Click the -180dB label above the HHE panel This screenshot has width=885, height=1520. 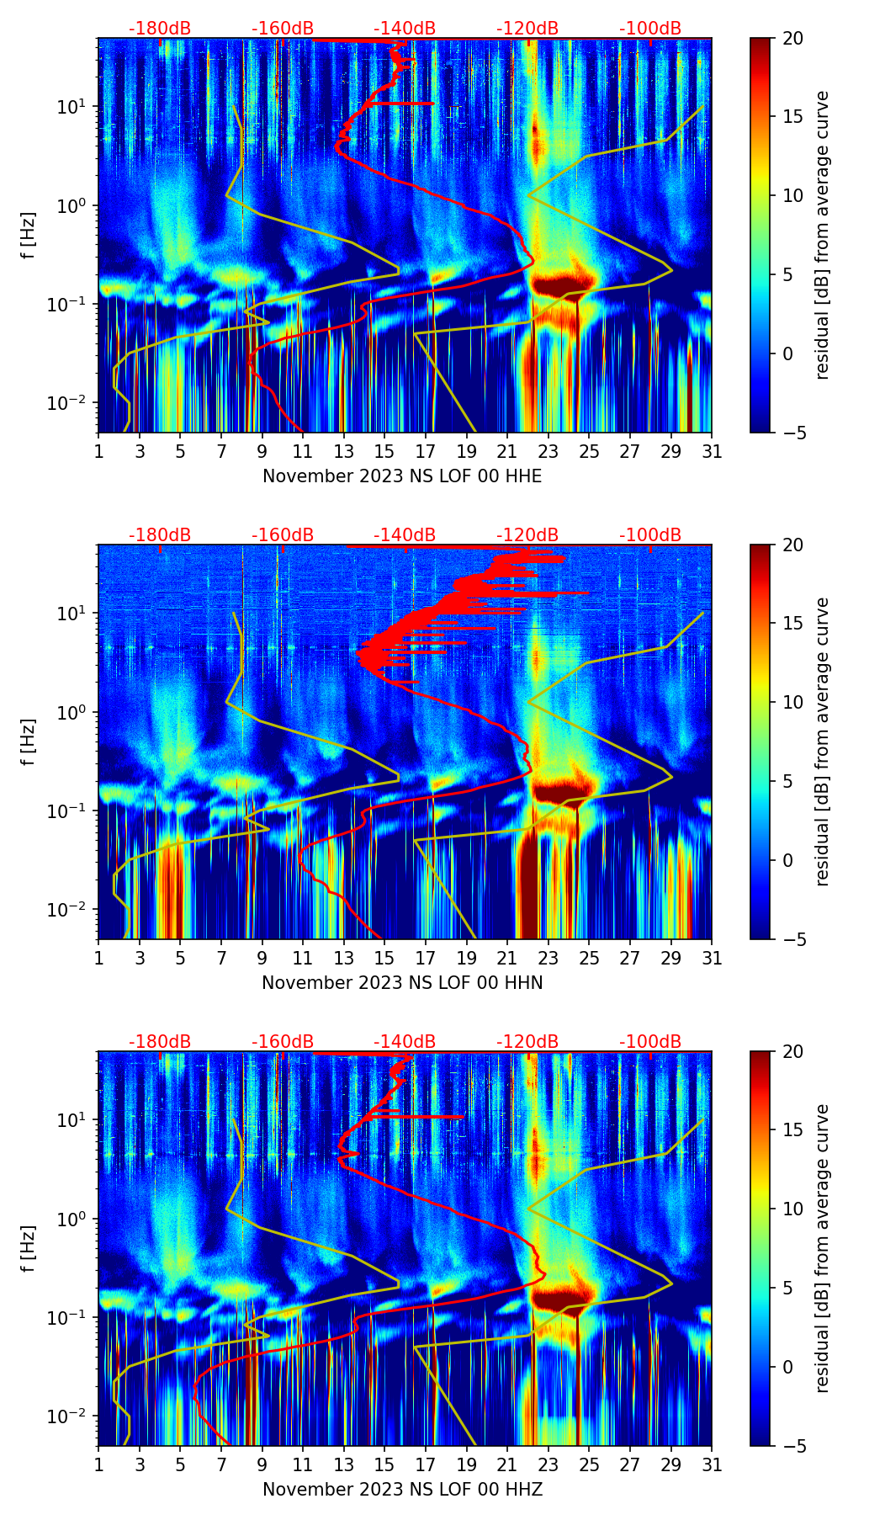coord(160,29)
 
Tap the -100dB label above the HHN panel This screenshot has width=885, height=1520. coord(650,535)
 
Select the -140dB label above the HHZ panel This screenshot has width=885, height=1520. coord(405,1042)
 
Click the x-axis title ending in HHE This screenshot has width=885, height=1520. coord(402,476)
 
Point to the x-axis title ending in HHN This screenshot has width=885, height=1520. coord(402,983)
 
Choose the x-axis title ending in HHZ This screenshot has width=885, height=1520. coord(402,1490)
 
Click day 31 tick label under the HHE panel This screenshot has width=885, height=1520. coord(712,452)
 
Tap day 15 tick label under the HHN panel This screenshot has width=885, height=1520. coord(384,959)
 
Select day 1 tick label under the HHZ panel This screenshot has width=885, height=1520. coord(98,1465)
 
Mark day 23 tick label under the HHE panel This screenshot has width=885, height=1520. coord(548,452)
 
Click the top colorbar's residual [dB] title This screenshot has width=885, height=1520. coord(823,236)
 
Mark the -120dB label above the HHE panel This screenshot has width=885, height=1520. coord(527,29)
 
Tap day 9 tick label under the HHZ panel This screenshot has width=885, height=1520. coord(262,1465)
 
